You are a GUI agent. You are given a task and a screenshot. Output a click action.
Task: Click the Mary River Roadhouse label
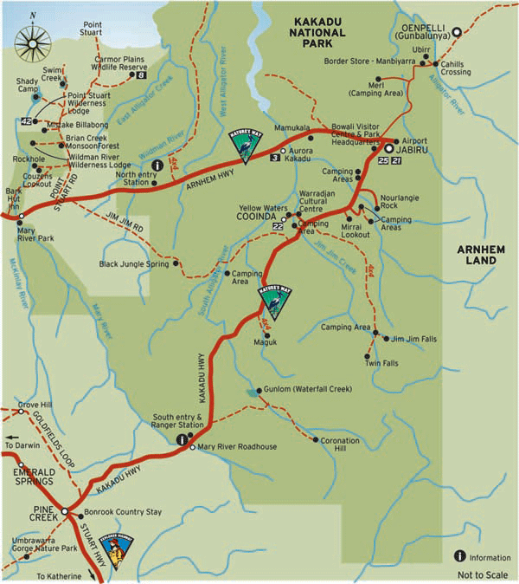237,446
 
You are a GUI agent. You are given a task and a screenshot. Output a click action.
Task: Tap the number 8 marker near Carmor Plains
140,76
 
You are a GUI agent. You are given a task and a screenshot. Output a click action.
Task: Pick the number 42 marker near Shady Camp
28,120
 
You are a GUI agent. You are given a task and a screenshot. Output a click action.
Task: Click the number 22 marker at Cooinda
277,226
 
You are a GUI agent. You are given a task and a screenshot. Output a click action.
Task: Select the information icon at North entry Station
157,165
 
